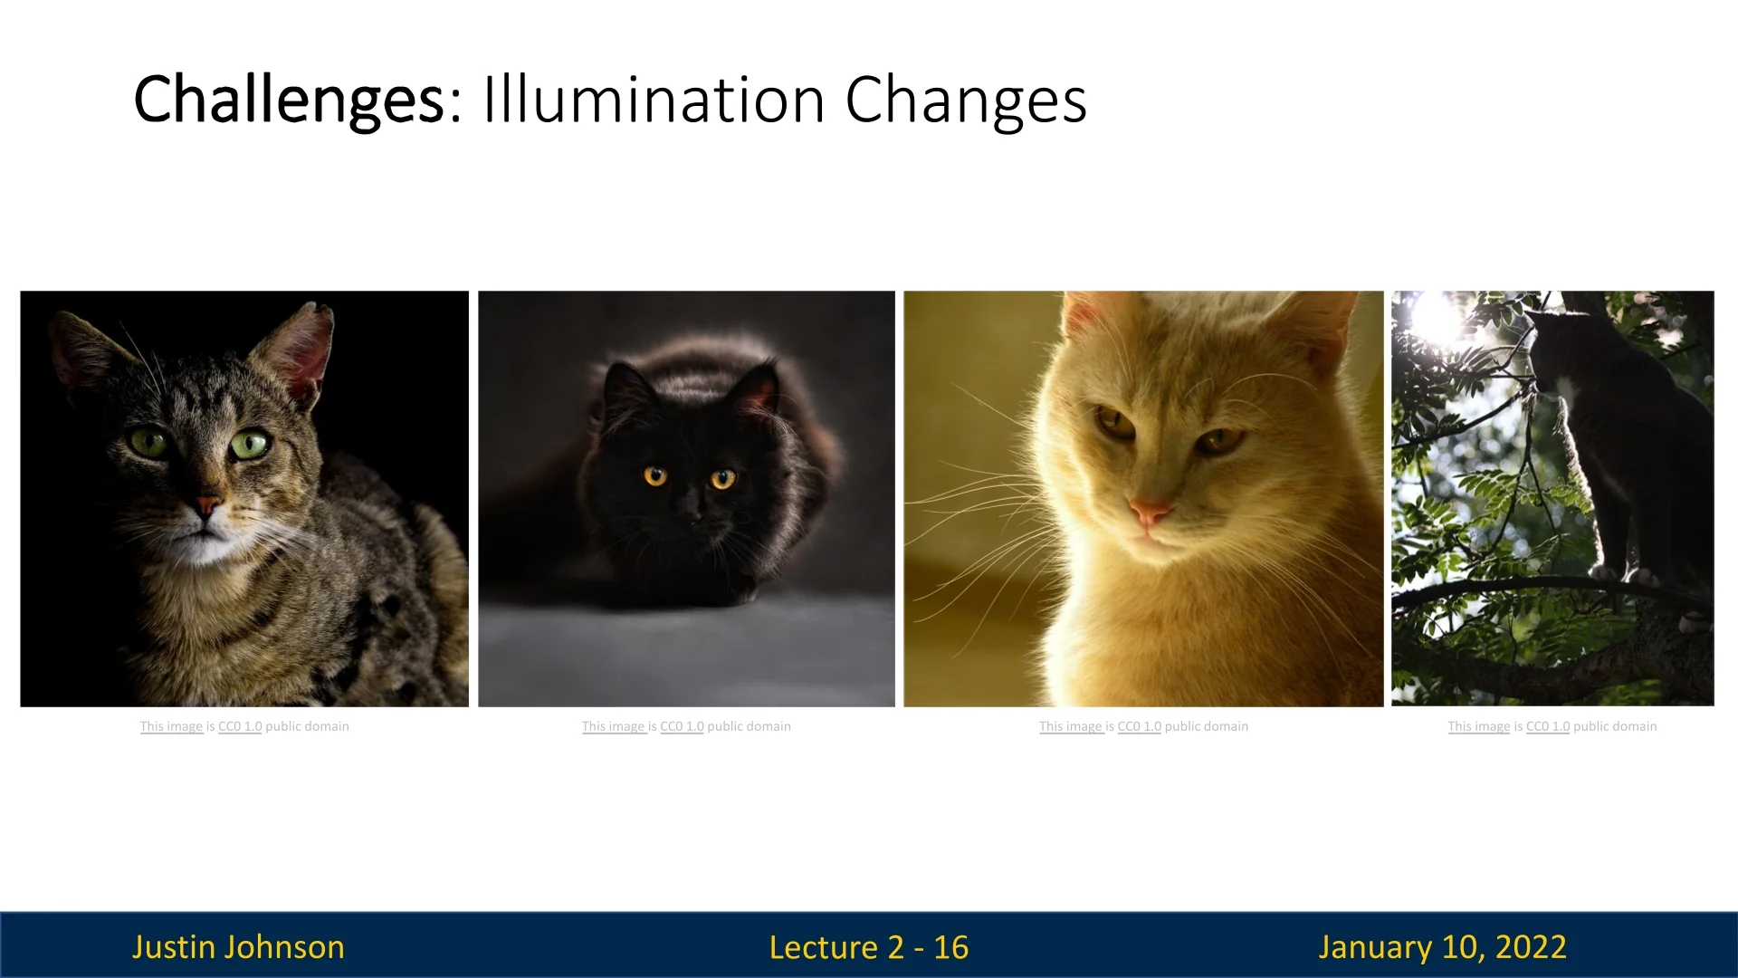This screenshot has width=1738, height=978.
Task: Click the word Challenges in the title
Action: (x=289, y=100)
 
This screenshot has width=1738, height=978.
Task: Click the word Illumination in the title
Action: (x=654, y=99)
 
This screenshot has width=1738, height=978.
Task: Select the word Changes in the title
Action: (x=966, y=100)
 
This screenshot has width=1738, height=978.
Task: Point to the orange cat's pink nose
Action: (x=1150, y=513)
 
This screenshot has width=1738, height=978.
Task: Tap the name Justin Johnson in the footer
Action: (x=238, y=946)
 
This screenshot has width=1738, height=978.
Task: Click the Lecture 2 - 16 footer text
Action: (x=869, y=947)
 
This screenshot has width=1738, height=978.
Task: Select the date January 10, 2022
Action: (x=1442, y=947)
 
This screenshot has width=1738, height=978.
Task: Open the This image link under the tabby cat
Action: (x=171, y=726)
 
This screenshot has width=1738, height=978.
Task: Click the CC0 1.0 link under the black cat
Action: (x=682, y=726)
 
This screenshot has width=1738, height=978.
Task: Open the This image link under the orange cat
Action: (x=1071, y=726)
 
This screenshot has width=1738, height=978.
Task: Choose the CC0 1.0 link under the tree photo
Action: (x=1548, y=726)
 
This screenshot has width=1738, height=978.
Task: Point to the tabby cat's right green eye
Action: (x=250, y=445)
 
